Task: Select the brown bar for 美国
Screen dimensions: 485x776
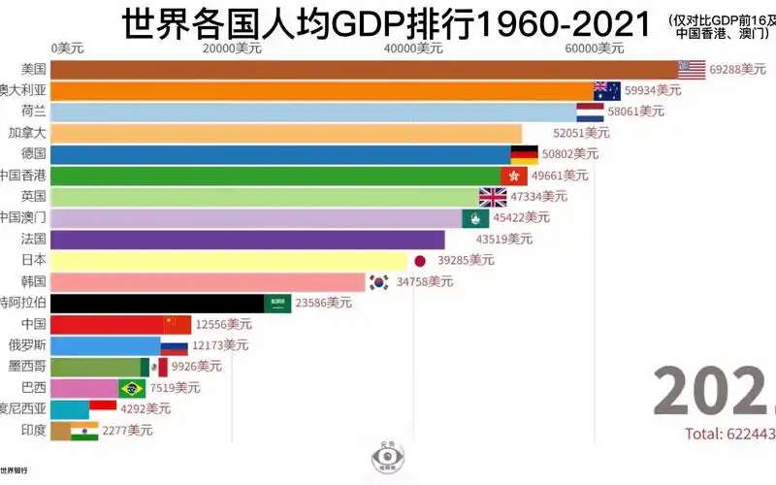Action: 364,70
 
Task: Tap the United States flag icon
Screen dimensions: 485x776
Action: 692,70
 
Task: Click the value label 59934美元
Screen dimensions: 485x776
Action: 653,90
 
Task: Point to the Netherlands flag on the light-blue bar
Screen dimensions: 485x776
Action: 590,112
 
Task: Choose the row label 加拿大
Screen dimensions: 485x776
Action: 27,132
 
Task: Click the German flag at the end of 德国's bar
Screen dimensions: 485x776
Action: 525,154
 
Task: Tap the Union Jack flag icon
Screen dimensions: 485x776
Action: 493,197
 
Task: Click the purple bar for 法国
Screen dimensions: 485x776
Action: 247,239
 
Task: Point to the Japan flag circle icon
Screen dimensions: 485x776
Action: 420,260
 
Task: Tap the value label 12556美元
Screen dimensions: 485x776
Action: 222,324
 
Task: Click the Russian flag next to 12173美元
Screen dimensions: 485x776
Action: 175,345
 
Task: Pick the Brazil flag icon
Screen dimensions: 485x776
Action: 132,388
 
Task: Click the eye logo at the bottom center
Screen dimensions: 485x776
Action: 388,457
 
